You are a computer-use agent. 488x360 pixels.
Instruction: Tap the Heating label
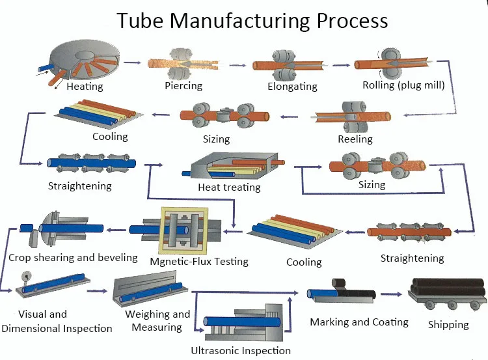(84, 87)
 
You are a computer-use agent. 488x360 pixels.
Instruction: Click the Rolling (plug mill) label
(403, 85)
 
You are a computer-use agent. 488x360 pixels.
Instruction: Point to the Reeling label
(355, 139)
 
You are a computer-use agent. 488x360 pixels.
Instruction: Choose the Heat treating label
(229, 187)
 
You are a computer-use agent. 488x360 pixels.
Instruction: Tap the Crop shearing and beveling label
(73, 257)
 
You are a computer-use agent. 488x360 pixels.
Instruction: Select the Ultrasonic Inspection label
(241, 351)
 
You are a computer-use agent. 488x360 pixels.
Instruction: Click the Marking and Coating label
(359, 322)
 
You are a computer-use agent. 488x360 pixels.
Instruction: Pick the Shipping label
(448, 324)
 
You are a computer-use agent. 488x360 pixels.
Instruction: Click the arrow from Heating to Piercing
(133, 62)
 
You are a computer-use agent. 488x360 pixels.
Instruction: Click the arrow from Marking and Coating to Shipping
(392, 294)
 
